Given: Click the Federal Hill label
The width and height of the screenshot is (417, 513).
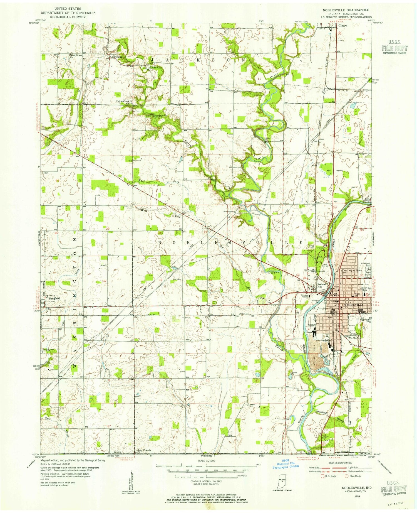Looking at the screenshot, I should point(322,286).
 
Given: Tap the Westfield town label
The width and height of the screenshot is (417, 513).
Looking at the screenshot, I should point(54,298).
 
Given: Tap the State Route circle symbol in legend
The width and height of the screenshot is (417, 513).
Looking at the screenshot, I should point(347,476).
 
